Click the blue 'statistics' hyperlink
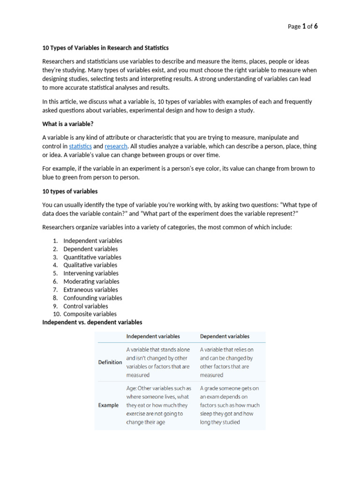click(x=80, y=146)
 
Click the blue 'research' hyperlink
click(x=116, y=146)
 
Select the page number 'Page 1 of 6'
click(x=302, y=26)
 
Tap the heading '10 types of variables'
click(x=70, y=191)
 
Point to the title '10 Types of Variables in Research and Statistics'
click(x=105, y=48)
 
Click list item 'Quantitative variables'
click(x=92, y=257)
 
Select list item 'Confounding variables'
click(x=93, y=298)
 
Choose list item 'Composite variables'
click(x=90, y=314)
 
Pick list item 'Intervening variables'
click(x=91, y=273)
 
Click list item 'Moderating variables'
click(x=91, y=282)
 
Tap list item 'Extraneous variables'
click(x=91, y=290)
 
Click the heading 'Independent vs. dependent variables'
click(x=92, y=322)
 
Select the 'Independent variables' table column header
click(x=153, y=336)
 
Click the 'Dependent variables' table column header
click(x=225, y=336)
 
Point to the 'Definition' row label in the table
click(x=110, y=362)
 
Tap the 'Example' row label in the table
click(x=108, y=405)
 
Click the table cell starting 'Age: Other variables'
click(x=158, y=405)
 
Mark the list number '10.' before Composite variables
click(x=56, y=314)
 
